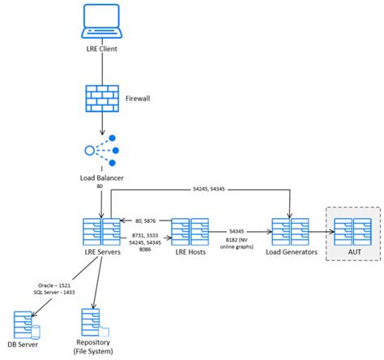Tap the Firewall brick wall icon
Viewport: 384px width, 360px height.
click(x=102, y=98)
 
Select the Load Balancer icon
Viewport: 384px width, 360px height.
click(x=102, y=150)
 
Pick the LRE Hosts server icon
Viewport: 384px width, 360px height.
click(x=191, y=230)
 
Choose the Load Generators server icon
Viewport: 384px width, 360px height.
click(x=292, y=230)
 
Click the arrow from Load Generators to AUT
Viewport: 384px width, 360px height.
click(x=322, y=231)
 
